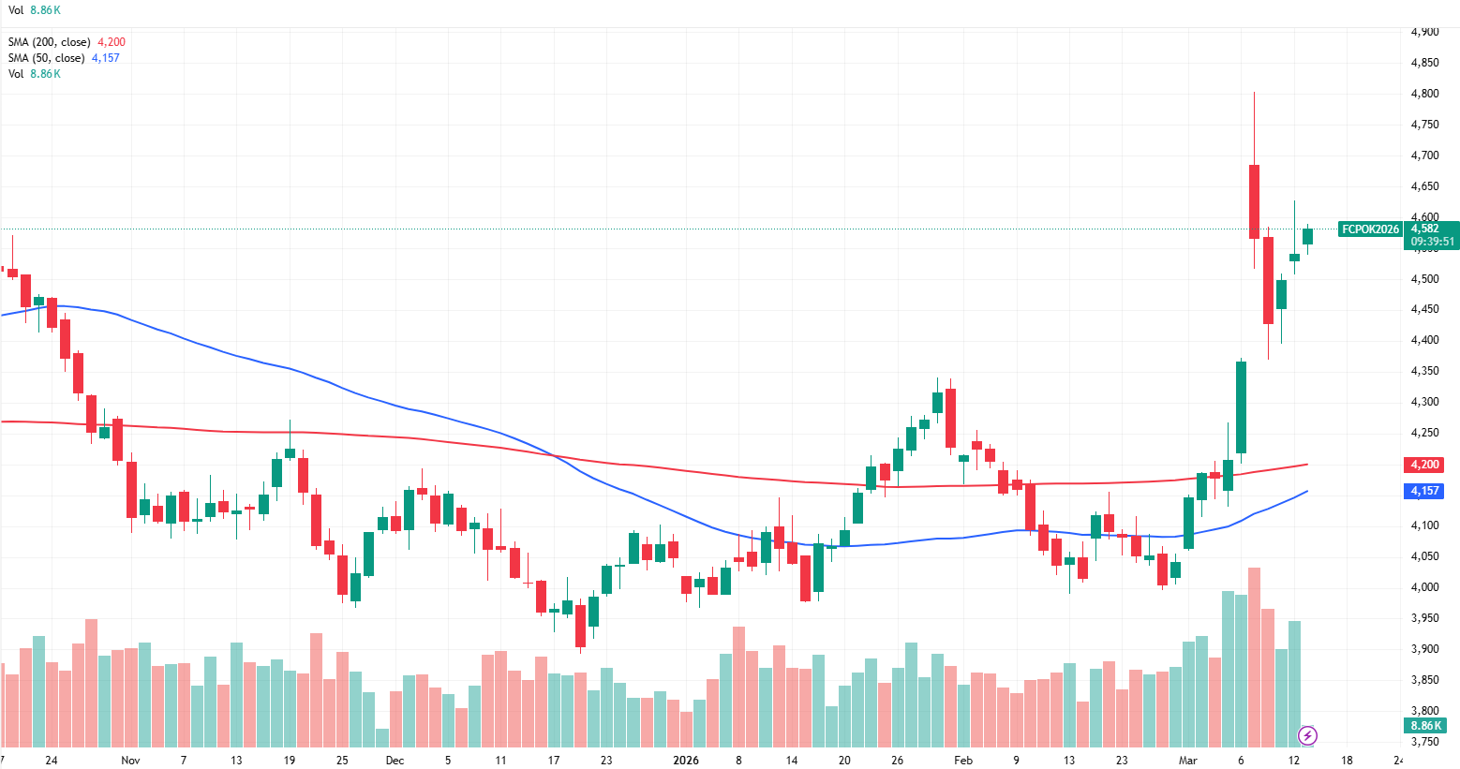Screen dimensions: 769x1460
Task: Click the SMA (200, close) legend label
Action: (49, 42)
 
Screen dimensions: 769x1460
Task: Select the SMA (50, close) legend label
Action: (46, 58)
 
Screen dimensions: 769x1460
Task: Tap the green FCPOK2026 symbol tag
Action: (1370, 229)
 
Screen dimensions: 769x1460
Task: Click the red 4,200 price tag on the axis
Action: (1424, 465)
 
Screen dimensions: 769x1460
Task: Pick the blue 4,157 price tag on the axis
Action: (1424, 491)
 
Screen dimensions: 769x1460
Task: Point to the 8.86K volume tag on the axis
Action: (1425, 726)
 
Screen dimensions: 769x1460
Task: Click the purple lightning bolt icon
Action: (1307, 735)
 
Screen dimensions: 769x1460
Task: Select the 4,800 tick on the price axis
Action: (1424, 94)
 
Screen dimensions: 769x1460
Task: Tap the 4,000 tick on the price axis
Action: (1424, 587)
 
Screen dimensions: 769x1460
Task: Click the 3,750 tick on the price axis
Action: (1424, 742)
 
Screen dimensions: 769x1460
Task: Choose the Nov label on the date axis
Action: (130, 760)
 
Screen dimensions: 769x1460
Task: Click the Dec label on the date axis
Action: (395, 760)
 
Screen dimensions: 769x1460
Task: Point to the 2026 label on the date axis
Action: (686, 760)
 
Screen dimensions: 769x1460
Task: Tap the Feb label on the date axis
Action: (963, 760)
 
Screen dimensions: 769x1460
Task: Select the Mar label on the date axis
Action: (1188, 760)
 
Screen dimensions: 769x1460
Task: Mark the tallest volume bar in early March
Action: (1254, 656)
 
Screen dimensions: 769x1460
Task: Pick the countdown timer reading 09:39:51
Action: (1433, 242)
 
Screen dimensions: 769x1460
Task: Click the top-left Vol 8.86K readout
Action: (34, 10)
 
